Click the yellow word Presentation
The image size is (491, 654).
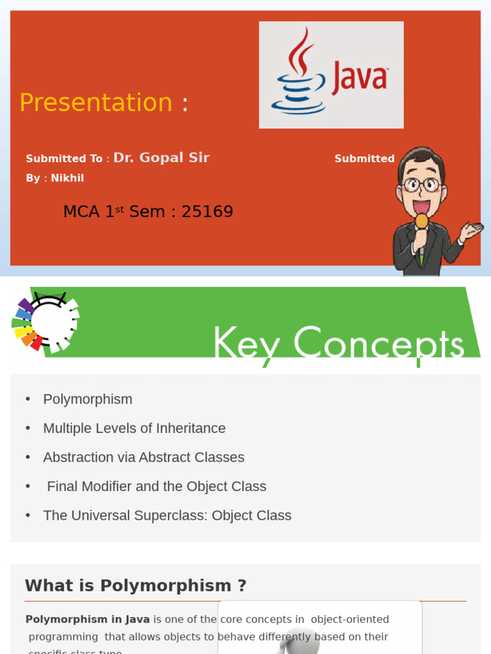pyautogui.click(x=96, y=103)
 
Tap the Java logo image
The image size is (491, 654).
pyautogui.click(x=331, y=75)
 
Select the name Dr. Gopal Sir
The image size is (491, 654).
pyautogui.click(x=161, y=158)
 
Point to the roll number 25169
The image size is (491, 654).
pyautogui.click(x=207, y=212)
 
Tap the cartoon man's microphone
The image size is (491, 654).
pyautogui.click(x=421, y=224)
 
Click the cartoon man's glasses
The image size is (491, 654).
pyautogui.click(x=421, y=185)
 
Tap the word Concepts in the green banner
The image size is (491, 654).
pyautogui.click(x=378, y=345)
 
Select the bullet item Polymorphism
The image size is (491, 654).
pyautogui.click(x=88, y=399)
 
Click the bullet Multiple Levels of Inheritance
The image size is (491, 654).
pyautogui.click(x=134, y=429)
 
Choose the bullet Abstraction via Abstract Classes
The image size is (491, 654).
pyautogui.click(x=143, y=457)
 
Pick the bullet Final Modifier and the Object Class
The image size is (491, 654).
pyautogui.click(x=156, y=487)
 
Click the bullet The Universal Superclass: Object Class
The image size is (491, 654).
pyautogui.click(x=167, y=515)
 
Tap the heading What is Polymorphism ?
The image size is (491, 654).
pyautogui.click(x=136, y=586)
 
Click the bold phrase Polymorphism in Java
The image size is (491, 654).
pyautogui.click(x=88, y=620)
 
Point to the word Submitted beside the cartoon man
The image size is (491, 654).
pyautogui.click(x=364, y=159)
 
